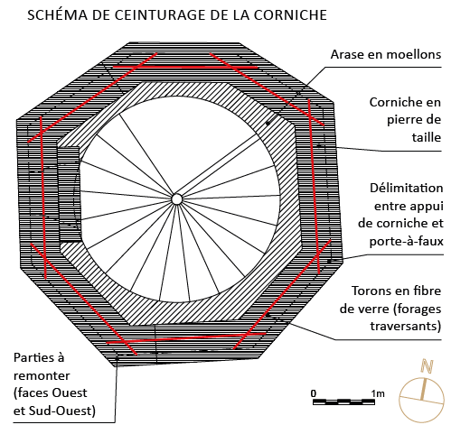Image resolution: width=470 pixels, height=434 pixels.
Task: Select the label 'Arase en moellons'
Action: (x=386, y=54)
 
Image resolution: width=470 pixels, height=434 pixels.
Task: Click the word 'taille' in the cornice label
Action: (x=427, y=137)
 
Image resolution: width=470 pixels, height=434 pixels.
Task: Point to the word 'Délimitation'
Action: (x=407, y=188)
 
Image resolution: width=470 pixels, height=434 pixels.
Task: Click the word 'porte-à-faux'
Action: (x=407, y=241)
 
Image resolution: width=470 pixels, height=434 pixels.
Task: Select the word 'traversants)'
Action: (x=406, y=326)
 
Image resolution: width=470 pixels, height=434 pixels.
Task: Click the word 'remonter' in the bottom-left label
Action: (x=42, y=375)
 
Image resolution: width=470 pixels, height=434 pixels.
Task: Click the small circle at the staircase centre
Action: (x=177, y=199)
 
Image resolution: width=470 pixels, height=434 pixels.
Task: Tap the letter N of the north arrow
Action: (x=427, y=365)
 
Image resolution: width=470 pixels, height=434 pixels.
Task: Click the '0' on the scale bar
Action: (x=314, y=393)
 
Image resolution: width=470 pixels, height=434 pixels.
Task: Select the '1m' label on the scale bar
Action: (x=378, y=393)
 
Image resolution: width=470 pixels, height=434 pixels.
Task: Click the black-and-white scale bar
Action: (x=343, y=402)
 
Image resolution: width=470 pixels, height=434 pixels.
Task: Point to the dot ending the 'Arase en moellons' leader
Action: (x=268, y=124)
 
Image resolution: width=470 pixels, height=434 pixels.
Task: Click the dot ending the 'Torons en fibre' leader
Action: (x=267, y=315)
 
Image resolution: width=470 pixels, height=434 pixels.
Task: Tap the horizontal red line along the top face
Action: (x=185, y=67)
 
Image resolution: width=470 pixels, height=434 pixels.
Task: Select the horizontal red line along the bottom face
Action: (x=186, y=338)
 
